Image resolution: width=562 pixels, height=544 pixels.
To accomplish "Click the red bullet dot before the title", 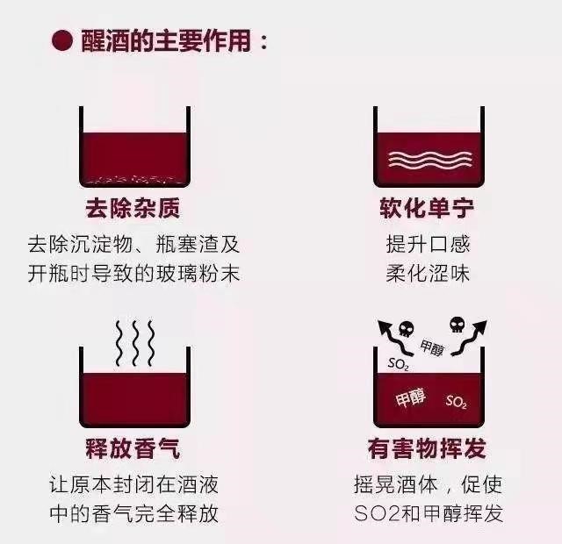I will pos(61,41).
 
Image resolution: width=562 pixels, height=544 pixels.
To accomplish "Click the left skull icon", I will pos(406,330).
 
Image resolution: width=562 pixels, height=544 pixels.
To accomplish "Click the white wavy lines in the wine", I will pos(427,161).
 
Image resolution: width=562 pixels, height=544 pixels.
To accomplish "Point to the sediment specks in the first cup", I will pos(133,178).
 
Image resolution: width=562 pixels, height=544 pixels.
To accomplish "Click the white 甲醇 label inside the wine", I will pos(410,398).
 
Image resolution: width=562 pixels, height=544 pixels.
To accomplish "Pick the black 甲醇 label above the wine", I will pos(432,349).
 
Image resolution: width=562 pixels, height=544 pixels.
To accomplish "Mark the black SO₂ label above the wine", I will pos(398,362).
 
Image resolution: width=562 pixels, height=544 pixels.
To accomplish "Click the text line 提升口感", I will pos(427,244).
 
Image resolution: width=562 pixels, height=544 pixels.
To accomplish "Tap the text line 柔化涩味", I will pos(427,272).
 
